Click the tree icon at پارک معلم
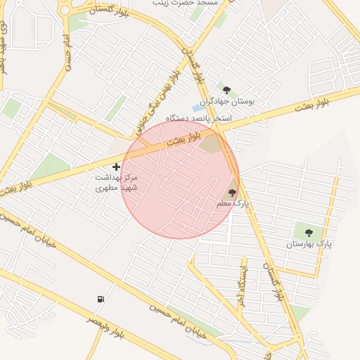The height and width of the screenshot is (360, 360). point(232,192)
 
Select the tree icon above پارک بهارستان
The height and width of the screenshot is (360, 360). point(308,231)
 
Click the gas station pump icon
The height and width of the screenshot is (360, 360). point(101,299)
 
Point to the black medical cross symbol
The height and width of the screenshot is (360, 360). point(116,167)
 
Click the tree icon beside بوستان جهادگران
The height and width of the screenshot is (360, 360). point(226,90)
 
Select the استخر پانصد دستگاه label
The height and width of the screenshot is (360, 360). point(199,118)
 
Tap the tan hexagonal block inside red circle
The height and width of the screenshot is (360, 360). point(211,145)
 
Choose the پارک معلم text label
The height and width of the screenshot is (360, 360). point(233,204)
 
